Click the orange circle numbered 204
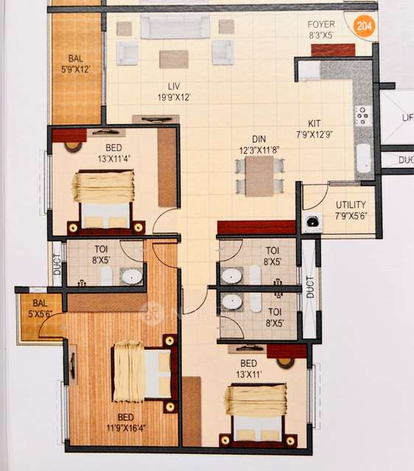click(364, 27)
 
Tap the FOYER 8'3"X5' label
click(321, 29)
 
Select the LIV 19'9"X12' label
click(173, 91)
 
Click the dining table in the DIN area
click(259, 176)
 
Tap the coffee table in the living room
click(174, 58)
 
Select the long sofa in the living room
click(166, 27)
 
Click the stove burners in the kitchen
click(362, 116)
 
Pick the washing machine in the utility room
click(312, 221)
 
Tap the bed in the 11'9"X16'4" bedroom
click(144, 372)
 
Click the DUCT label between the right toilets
click(310, 287)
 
